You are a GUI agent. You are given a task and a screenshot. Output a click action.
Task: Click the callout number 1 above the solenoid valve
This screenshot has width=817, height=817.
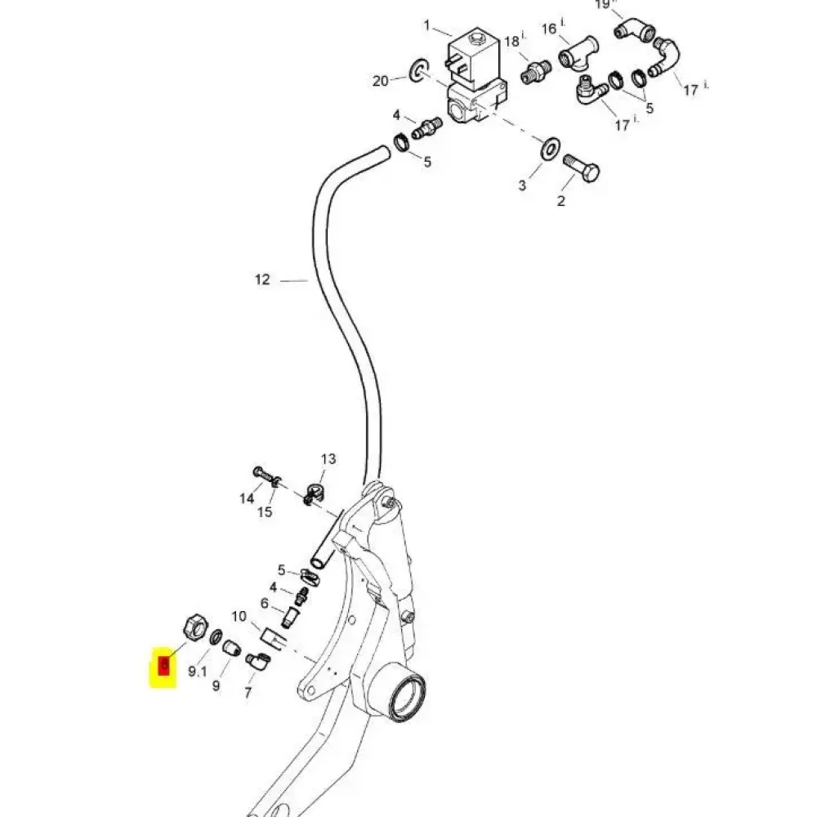tap(426, 25)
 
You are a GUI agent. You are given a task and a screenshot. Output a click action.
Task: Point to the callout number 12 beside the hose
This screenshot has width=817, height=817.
tap(261, 279)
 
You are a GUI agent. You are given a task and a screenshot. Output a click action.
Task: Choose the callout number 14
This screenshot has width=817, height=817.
tap(247, 498)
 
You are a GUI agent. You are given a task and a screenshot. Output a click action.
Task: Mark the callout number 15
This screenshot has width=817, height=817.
tap(265, 512)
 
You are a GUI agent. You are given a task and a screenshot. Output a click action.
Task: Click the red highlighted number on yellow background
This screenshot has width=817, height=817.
tap(163, 667)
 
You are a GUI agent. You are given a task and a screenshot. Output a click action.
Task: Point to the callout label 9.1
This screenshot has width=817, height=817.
tap(198, 671)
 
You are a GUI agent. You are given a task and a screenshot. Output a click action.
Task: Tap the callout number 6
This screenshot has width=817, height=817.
tap(265, 603)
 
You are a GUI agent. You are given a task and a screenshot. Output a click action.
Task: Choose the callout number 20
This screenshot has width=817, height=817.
tap(380, 80)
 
